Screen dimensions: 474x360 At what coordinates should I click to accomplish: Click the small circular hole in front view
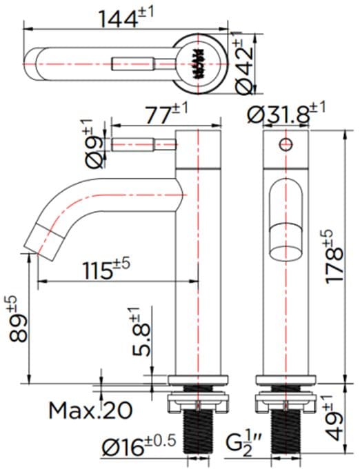click(283, 144)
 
